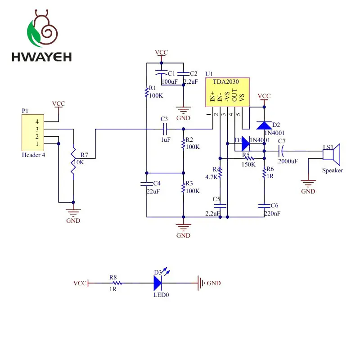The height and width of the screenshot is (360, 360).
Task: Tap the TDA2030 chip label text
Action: pyautogui.click(x=226, y=82)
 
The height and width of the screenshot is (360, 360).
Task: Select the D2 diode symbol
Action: pyautogui.click(x=264, y=126)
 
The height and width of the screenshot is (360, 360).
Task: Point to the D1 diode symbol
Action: pyautogui.click(x=246, y=144)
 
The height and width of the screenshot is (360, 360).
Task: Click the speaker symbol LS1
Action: pyautogui.click(x=331, y=154)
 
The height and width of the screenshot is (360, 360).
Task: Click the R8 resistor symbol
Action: pyautogui.click(x=117, y=283)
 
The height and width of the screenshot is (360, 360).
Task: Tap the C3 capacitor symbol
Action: pyautogui.click(x=165, y=129)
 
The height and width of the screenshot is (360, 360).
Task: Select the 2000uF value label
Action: pyautogui.click(x=288, y=161)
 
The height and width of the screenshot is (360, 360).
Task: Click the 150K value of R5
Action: pyautogui.click(x=248, y=164)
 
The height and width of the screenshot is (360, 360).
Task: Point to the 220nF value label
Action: pyautogui.click(x=272, y=213)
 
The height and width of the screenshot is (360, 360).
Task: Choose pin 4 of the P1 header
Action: pyautogui.click(x=37, y=121)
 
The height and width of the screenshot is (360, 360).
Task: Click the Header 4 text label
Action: pyautogui.click(x=33, y=155)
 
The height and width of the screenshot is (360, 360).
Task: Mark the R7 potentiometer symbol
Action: pyautogui.click(x=73, y=160)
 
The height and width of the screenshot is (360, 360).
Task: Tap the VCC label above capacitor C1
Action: pyautogui.click(x=161, y=52)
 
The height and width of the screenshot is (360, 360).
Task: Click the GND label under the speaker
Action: pyautogui.click(x=308, y=191)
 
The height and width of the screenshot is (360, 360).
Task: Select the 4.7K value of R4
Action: pyautogui.click(x=211, y=177)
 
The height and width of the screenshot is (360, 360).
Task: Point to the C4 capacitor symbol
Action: pyautogui.click(x=147, y=184)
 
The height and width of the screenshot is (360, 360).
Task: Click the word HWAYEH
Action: pyautogui.click(x=41, y=57)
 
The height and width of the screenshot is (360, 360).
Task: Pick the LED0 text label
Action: pyautogui.click(x=161, y=295)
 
